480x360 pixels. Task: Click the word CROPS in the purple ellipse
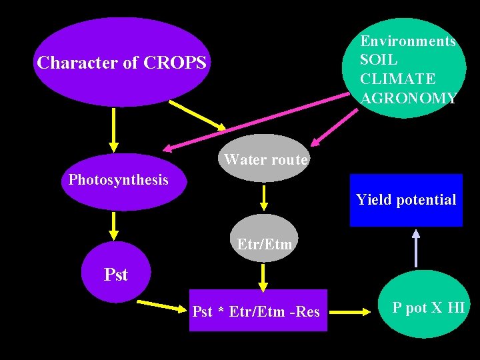[174, 63]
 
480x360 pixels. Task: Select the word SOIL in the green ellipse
[378, 60]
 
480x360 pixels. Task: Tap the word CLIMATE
[397, 79]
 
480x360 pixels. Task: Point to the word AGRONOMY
[408, 99]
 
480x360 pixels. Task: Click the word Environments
[407, 41]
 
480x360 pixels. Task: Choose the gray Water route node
[265, 160]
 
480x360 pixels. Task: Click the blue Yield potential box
[405, 200]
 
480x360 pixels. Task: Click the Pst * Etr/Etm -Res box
[257, 311]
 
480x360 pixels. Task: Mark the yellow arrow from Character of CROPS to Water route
[197, 115]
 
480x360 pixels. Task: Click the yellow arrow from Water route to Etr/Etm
[265, 197]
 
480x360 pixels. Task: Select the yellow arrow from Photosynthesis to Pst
[114, 225]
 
